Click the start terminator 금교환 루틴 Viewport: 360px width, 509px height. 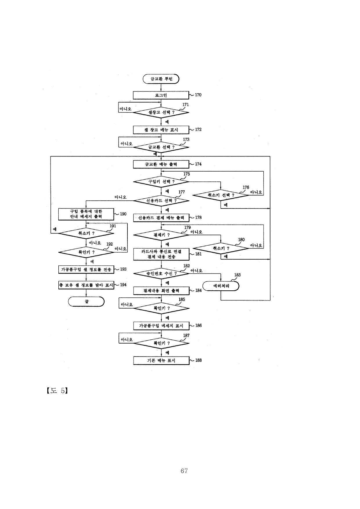coord(161,79)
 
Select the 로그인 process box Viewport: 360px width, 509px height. coord(161,95)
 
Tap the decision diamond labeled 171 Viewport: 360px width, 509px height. coord(161,112)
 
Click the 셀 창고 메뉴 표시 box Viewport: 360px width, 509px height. coord(161,130)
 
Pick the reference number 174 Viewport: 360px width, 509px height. coord(198,164)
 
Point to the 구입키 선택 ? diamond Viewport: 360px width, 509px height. coord(161,182)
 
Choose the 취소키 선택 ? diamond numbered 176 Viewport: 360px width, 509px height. coord(221,195)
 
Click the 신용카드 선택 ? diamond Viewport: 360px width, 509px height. coord(161,201)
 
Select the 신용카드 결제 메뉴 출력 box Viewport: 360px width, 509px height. coord(161,218)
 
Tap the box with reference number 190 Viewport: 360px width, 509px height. coord(86,214)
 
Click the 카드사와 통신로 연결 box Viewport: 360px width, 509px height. coord(161,254)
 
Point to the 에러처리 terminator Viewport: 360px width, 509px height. coord(221,286)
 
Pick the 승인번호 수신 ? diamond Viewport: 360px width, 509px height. coord(161,274)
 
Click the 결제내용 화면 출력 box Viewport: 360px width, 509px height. coord(161,291)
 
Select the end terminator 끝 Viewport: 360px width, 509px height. coord(86,302)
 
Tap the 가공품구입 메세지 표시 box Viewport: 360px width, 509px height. coord(161,326)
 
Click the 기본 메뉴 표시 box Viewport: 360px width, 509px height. coord(161,361)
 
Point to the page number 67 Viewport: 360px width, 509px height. coord(184,471)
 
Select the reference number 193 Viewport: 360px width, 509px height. coord(123,269)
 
